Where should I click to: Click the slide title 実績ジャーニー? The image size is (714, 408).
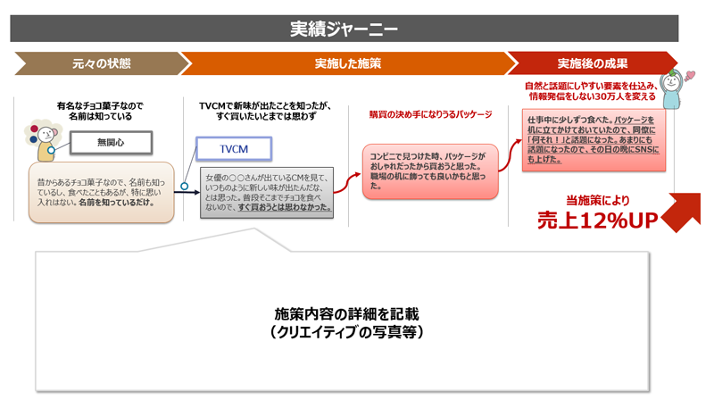click(x=344, y=28)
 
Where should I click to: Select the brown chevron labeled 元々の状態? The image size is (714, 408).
click(x=101, y=63)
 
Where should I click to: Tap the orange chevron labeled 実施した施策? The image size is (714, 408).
click(x=347, y=63)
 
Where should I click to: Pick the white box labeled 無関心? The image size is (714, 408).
click(x=112, y=142)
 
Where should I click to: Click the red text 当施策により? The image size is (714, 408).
click(x=594, y=199)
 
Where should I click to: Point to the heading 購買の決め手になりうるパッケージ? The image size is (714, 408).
click(x=430, y=115)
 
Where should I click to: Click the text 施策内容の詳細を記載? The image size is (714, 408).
click(x=345, y=314)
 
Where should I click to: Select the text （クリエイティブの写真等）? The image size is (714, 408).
click(x=345, y=332)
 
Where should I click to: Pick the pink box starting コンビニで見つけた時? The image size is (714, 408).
click(x=430, y=170)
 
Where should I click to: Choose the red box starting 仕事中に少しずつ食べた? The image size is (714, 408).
click(x=593, y=139)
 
